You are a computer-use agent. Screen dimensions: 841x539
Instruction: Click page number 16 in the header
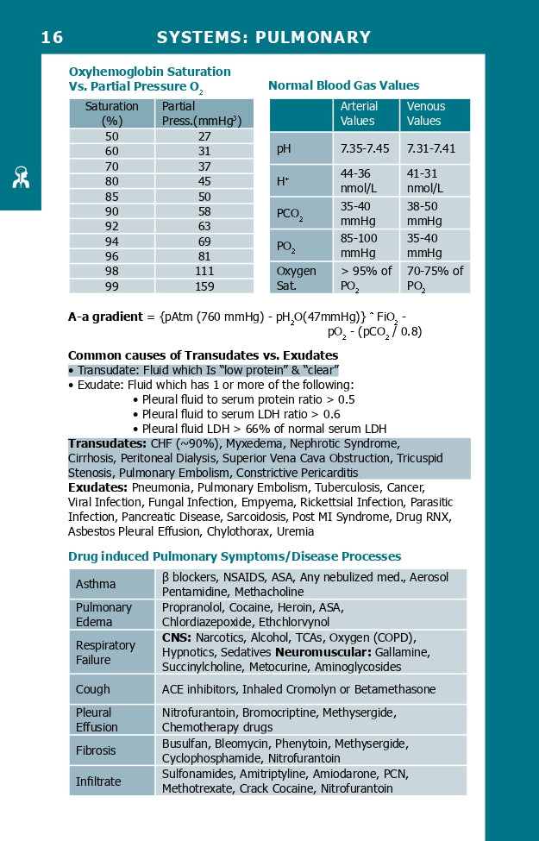click(x=52, y=37)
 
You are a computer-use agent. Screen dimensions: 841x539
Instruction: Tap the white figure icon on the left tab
click(x=21, y=177)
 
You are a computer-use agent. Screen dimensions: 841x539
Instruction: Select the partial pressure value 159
click(x=204, y=286)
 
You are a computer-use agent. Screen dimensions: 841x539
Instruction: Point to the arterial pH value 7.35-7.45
click(x=365, y=149)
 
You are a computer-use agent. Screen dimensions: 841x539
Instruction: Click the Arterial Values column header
click(x=360, y=114)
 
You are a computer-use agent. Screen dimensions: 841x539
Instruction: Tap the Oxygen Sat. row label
click(x=296, y=278)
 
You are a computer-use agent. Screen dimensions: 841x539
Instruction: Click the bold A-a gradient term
click(x=105, y=317)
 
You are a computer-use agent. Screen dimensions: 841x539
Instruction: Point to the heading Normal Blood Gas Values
click(x=343, y=85)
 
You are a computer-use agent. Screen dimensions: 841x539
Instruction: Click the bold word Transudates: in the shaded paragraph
click(x=108, y=443)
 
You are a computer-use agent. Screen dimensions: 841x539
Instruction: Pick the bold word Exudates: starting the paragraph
click(x=97, y=487)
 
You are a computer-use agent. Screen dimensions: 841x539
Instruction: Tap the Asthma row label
click(x=96, y=584)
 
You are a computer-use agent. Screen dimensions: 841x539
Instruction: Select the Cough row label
click(x=93, y=689)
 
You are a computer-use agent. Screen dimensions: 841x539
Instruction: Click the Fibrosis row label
click(x=97, y=750)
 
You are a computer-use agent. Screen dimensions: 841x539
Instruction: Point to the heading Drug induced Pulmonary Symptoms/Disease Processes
click(x=235, y=556)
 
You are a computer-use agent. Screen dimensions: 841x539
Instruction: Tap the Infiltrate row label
click(x=98, y=781)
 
